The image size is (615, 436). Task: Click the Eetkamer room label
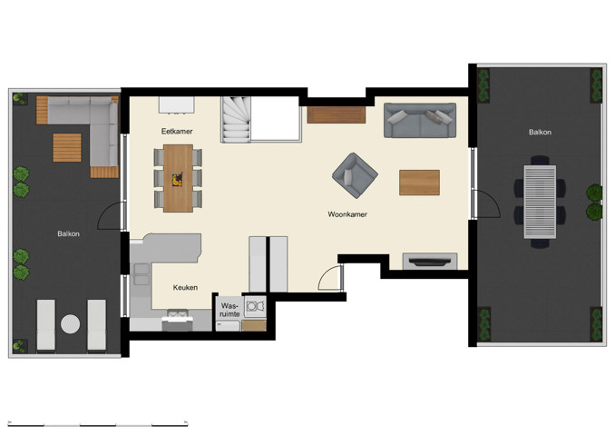click(x=177, y=132)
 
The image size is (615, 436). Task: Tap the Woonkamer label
click(x=347, y=215)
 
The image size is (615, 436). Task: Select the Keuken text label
click(x=186, y=287)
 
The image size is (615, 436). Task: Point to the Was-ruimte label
click(x=230, y=311)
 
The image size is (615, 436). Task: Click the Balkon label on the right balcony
click(x=540, y=132)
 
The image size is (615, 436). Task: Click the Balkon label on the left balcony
click(x=68, y=233)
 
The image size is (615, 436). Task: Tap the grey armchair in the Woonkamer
click(x=355, y=174)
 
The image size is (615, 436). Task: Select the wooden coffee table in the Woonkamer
click(x=419, y=183)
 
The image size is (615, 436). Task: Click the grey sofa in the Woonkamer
click(x=420, y=121)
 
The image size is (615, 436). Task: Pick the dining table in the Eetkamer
click(x=179, y=178)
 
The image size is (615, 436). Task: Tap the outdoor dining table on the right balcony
click(x=541, y=201)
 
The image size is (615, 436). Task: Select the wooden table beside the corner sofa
click(x=66, y=147)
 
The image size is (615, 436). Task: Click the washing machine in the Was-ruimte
click(x=255, y=307)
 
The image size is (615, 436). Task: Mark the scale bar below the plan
click(x=98, y=424)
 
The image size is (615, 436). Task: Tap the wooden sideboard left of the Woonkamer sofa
click(x=337, y=114)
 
